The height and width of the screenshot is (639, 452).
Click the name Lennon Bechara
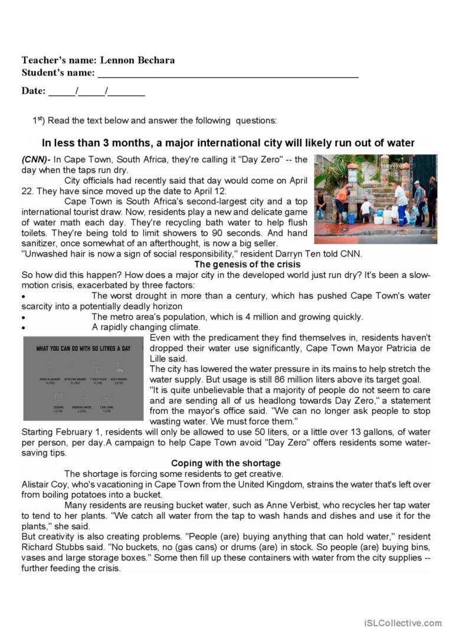137,60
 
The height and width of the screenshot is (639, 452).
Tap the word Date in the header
33,91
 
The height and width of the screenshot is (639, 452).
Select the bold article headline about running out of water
228,143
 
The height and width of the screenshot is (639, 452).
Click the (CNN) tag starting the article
36,159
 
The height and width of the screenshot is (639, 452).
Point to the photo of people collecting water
375,199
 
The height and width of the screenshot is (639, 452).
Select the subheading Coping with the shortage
226,463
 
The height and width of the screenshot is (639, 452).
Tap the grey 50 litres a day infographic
83,378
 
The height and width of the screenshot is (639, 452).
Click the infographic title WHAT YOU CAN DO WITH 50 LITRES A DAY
83,348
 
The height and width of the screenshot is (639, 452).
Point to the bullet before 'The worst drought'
23,297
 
